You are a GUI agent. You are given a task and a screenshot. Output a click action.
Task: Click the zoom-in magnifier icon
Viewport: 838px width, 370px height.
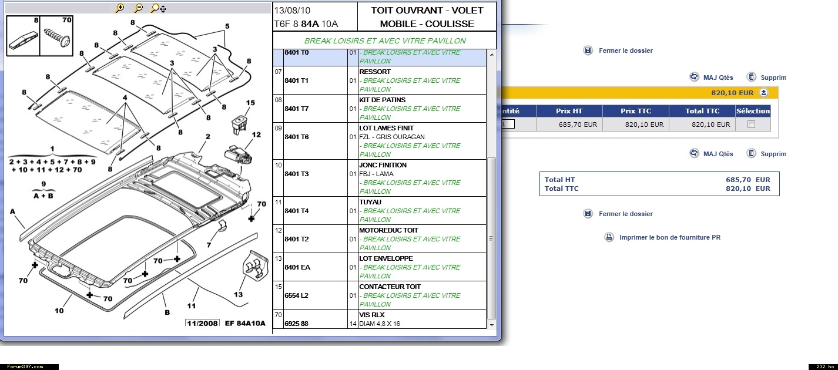[120, 8]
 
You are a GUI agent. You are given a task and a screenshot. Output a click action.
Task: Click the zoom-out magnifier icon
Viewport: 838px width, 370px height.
[139, 8]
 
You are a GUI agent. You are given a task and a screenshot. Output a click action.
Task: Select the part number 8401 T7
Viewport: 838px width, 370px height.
[297, 109]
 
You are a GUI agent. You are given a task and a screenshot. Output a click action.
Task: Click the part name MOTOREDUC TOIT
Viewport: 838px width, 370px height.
[388, 230]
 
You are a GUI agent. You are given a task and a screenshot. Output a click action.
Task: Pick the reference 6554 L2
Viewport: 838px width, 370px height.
[296, 295]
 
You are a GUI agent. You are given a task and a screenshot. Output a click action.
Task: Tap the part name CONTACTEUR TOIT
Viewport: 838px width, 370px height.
[390, 287]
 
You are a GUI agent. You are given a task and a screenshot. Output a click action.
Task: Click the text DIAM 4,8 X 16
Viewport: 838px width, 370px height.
[380, 324]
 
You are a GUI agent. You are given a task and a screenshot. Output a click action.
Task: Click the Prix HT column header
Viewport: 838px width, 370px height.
[569, 111]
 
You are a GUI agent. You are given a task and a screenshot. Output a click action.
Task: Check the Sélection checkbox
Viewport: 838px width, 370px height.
[751, 125]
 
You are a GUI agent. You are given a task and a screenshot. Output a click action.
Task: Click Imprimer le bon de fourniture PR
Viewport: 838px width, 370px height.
[670, 237]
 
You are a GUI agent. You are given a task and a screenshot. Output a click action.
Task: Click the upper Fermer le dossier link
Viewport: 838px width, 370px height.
[625, 51]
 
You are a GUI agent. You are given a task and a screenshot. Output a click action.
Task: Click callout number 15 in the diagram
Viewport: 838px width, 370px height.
[250, 103]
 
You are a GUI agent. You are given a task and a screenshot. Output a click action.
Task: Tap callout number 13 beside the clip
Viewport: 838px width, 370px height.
[239, 294]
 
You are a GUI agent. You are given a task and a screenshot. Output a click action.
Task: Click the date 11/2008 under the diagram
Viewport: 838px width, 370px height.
[202, 323]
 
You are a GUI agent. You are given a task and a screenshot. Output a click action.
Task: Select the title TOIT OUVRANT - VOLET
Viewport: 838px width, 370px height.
[427, 11]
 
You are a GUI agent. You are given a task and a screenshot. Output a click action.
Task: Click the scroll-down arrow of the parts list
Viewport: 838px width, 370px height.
[492, 325]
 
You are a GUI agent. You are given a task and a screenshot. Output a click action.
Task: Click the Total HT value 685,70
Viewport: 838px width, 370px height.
[738, 180]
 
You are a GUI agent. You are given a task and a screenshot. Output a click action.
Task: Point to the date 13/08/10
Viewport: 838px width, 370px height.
[292, 11]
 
